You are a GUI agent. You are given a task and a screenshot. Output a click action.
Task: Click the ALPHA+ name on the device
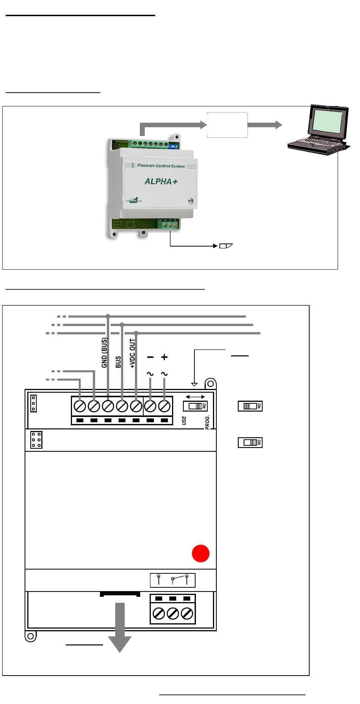coord(161,181)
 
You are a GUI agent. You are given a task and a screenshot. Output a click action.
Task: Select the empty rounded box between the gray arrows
coord(227,125)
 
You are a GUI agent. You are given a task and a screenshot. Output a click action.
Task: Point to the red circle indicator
coord(200,553)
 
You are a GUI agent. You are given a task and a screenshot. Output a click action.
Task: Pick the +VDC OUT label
coord(132,354)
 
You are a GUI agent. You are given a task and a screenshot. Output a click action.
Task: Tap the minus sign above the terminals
coord(150,357)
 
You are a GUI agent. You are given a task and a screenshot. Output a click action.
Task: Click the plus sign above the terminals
coord(164,357)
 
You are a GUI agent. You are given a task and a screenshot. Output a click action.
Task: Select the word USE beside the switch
coord(184,420)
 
